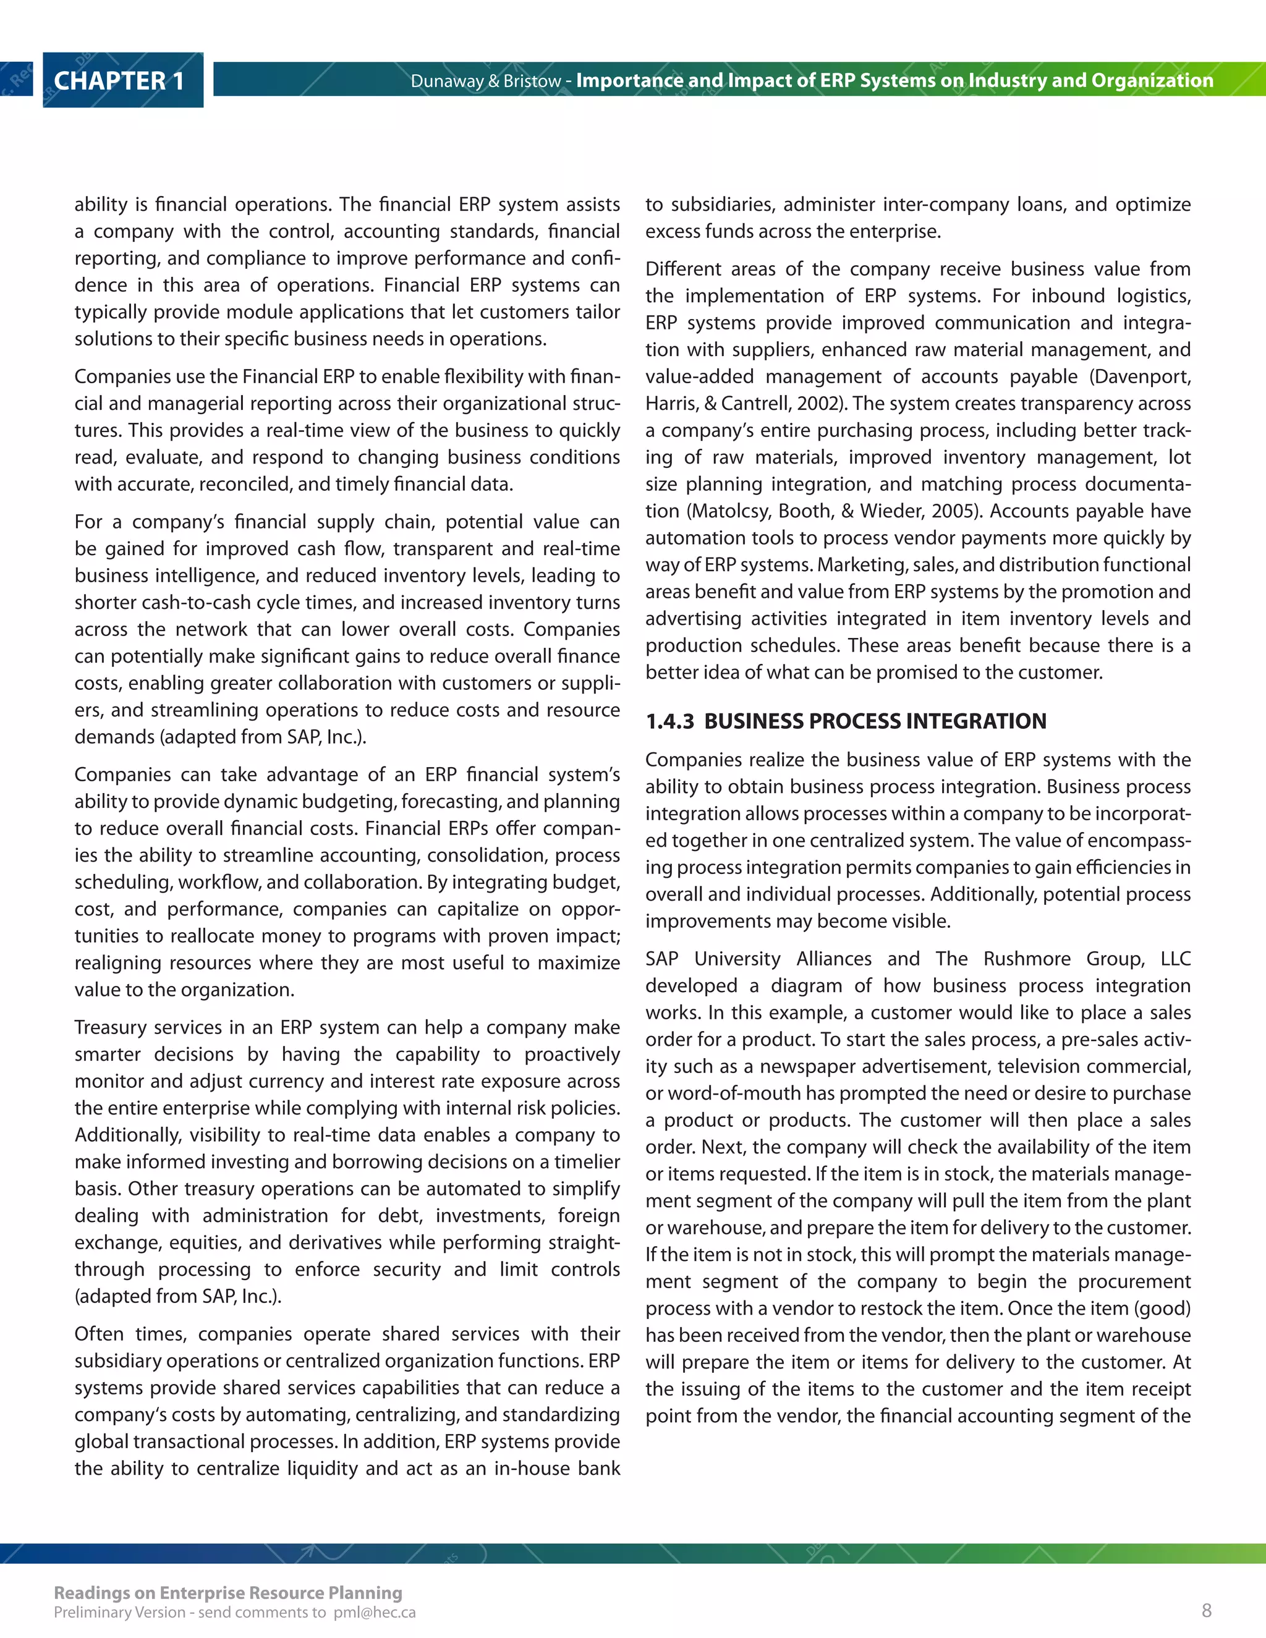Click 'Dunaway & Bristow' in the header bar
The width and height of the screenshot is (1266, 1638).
(485, 81)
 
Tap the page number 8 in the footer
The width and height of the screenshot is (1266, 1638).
(1206, 1610)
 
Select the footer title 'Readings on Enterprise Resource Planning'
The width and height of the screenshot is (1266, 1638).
(228, 1592)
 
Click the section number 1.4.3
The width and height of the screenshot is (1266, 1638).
(669, 721)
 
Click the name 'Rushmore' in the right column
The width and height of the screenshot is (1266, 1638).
(1026, 959)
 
